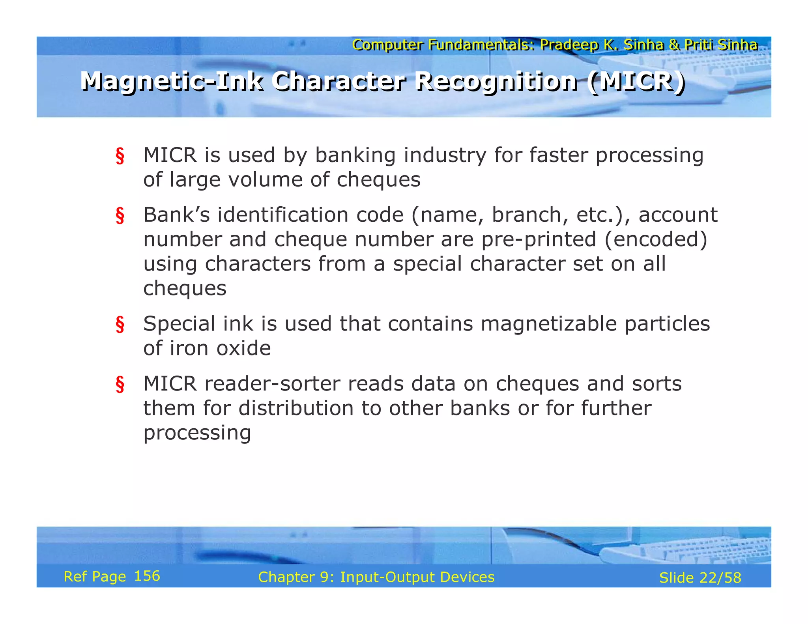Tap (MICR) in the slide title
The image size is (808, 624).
point(636,82)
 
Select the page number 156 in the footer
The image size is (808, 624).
point(147,576)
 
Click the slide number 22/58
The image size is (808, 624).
point(720,578)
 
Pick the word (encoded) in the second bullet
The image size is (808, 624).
point(656,239)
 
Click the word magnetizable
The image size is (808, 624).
point(549,324)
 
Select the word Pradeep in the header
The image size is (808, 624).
point(569,45)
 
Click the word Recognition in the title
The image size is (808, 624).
point(497,82)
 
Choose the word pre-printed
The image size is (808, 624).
point(539,239)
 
